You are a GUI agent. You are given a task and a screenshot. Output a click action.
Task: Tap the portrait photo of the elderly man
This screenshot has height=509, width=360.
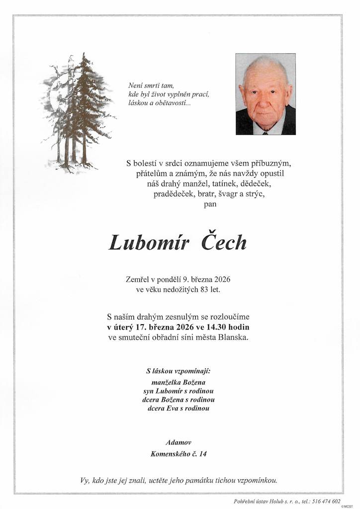click(266, 94)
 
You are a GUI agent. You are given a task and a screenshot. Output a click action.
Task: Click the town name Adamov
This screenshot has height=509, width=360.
click(179, 442)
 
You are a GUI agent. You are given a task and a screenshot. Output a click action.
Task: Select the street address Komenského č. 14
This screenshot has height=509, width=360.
click(179, 453)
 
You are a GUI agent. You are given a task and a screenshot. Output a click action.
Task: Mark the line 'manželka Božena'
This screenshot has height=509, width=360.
click(179, 382)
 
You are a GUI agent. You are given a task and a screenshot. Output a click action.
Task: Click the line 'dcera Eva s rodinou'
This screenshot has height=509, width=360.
click(179, 408)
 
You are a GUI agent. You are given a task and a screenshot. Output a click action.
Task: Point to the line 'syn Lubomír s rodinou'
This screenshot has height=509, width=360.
click(179, 391)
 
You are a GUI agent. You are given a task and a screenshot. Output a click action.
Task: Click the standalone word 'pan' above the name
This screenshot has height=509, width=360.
click(210, 203)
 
